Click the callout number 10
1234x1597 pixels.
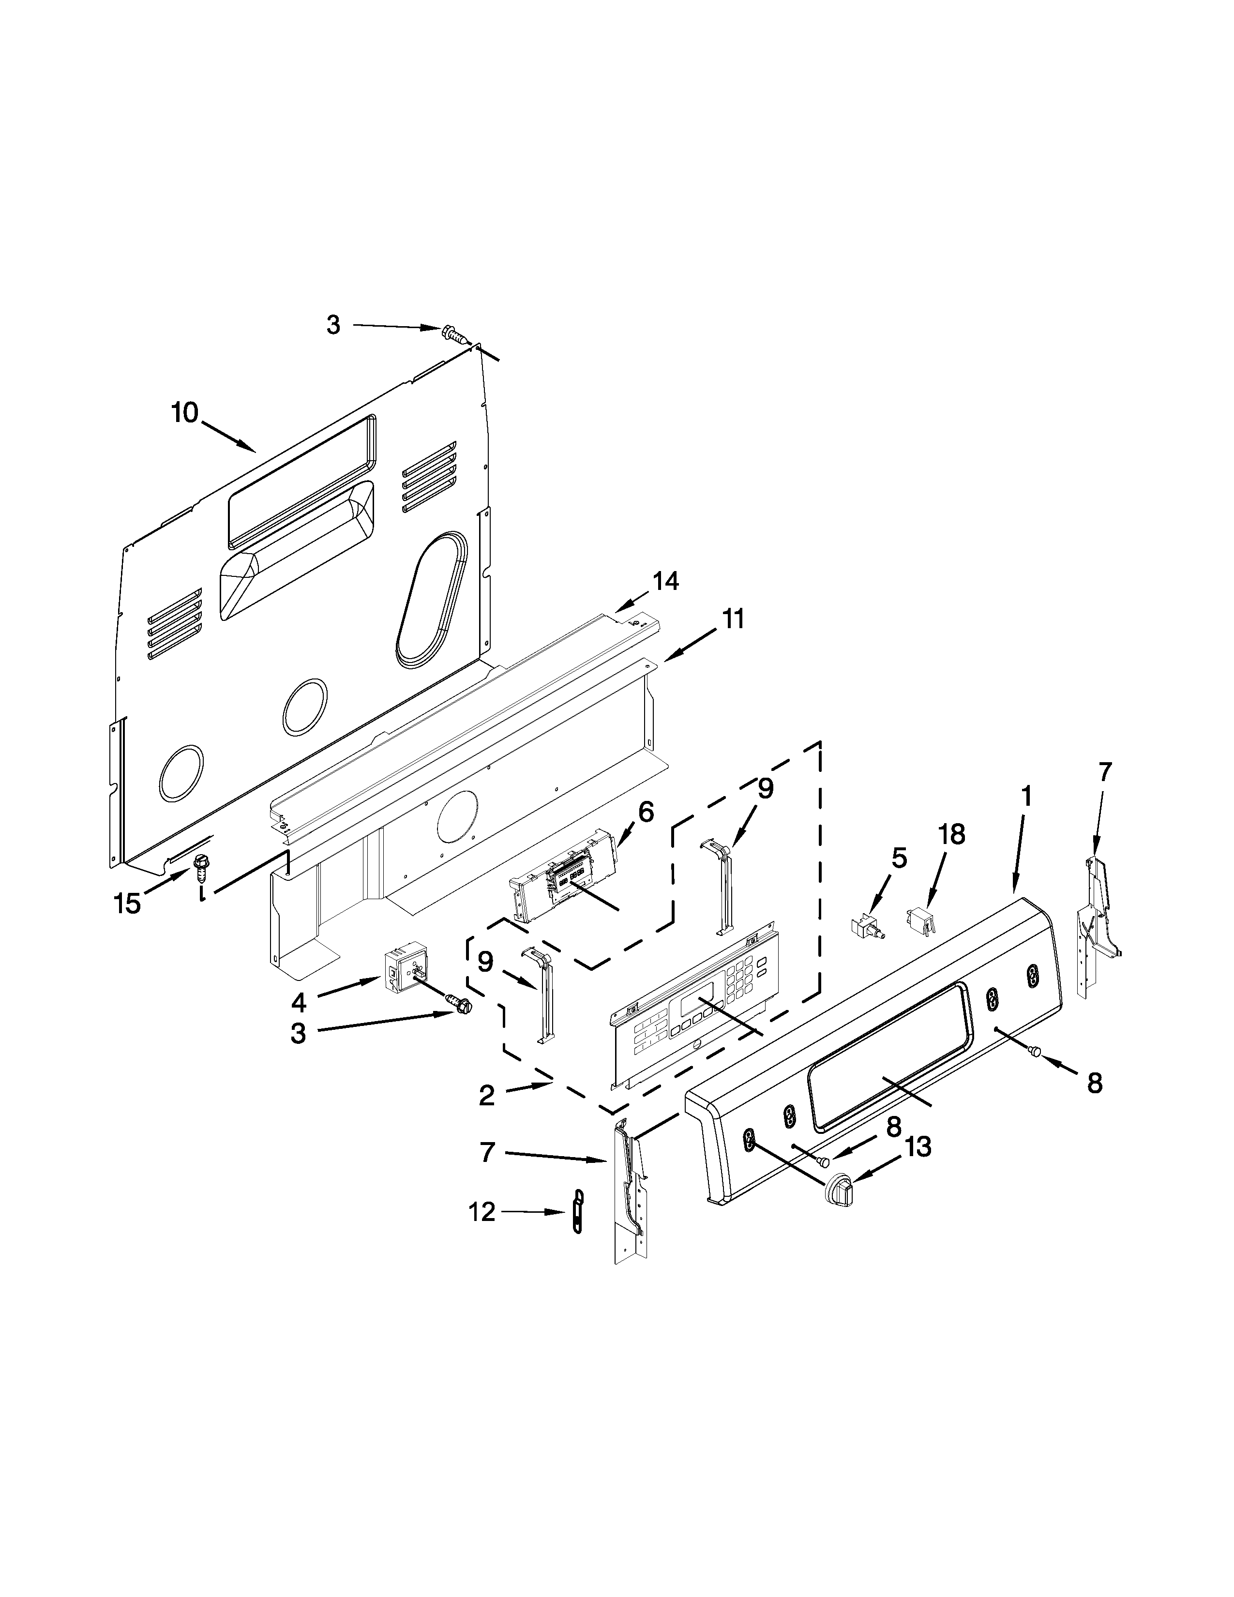tap(184, 413)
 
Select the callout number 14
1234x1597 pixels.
tap(665, 581)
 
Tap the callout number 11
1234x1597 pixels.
tap(733, 619)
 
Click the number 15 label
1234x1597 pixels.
tap(127, 904)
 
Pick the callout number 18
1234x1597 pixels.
tap(952, 834)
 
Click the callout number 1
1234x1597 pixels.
tap(1026, 796)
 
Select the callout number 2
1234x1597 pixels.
tap(487, 1115)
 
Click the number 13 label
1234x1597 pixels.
tap(918, 1146)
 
